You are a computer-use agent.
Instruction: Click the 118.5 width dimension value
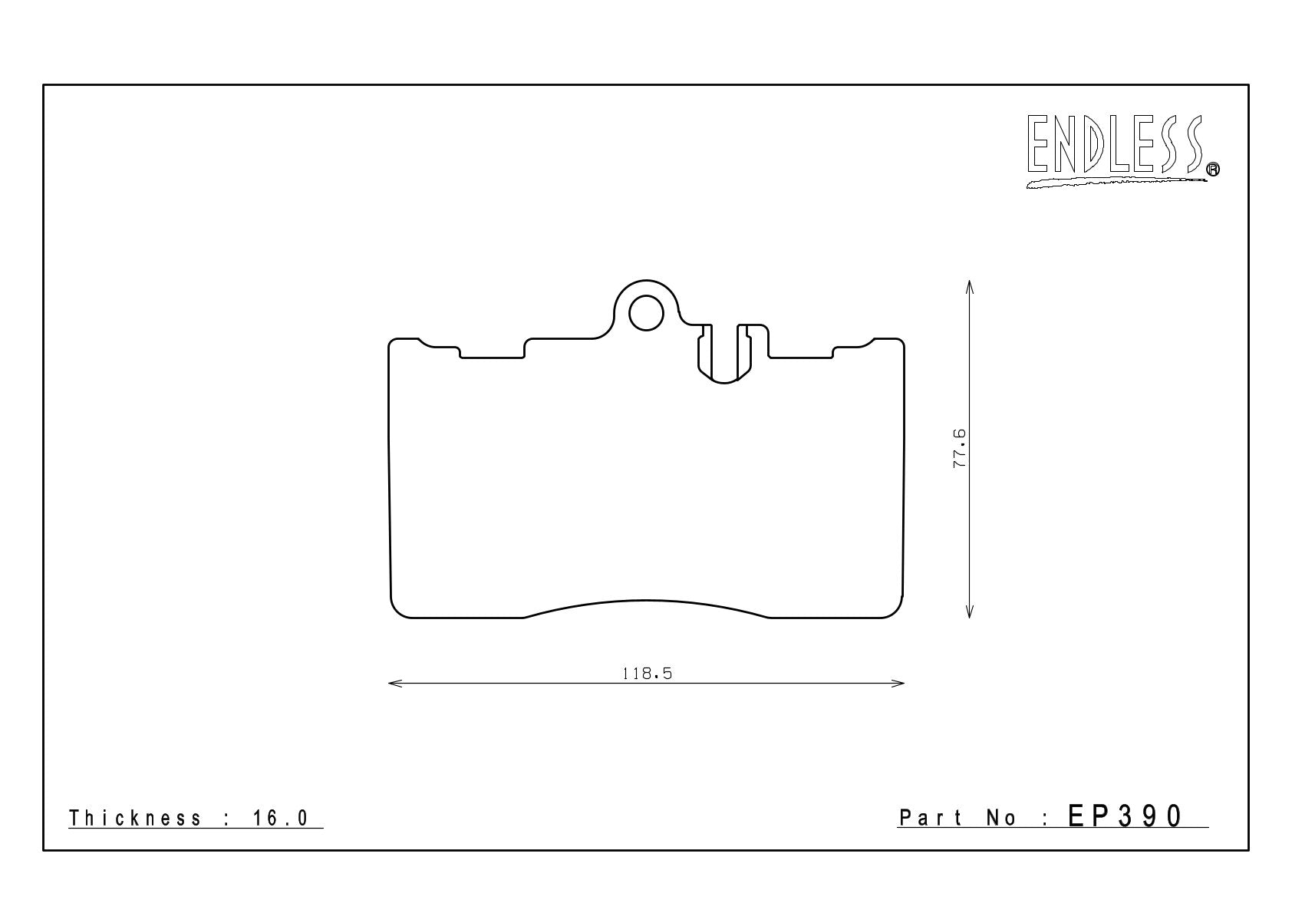648,674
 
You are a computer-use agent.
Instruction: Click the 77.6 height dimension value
958,448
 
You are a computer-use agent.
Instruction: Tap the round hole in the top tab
646,313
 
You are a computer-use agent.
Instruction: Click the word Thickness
135,818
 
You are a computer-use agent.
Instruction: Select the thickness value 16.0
281,818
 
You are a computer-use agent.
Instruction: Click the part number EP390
1126,816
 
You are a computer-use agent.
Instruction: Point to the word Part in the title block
931,818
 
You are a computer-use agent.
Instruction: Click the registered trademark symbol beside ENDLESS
1213,169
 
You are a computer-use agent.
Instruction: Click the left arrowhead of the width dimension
394,684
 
